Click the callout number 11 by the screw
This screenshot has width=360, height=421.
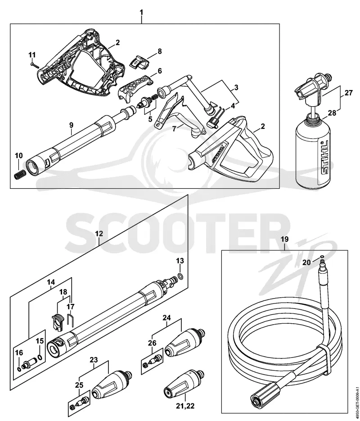coord(32,55)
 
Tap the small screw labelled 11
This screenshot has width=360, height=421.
coord(35,65)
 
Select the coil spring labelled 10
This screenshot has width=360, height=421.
coord(20,176)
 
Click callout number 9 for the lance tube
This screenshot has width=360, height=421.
coord(71,125)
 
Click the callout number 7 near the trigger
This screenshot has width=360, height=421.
coord(174,129)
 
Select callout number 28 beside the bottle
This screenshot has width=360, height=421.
coord(332,113)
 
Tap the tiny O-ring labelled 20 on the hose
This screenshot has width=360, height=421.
coord(322,256)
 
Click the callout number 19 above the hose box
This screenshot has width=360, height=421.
coord(284,239)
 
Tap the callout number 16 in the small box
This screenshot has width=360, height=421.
coord(19,353)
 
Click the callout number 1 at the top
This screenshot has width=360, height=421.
coord(141,12)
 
